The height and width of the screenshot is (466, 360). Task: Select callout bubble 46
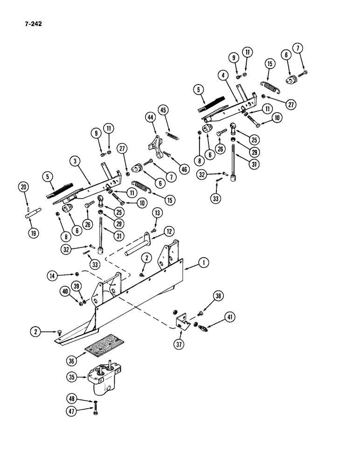point(184,169)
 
